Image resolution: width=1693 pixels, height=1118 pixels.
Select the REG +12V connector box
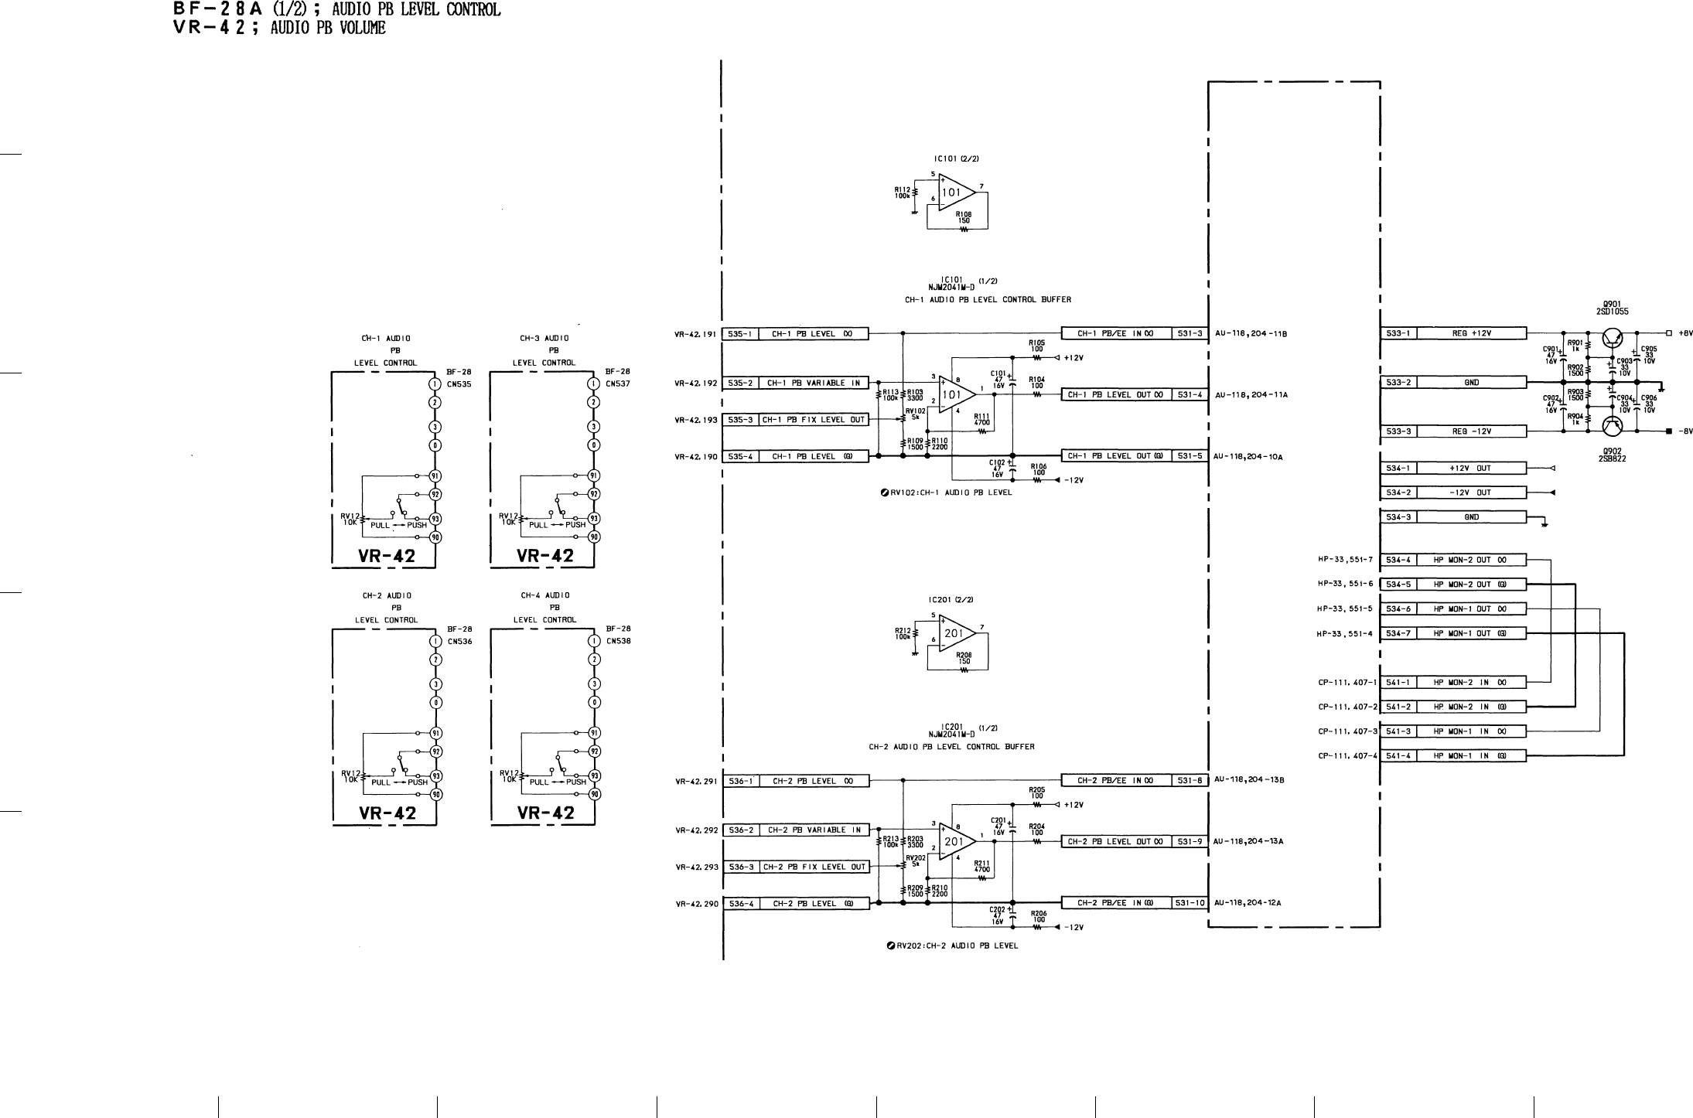click(x=1471, y=334)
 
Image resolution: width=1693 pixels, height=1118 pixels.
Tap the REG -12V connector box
click(x=1471, y=431)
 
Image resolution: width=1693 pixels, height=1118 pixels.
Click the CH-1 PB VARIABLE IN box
click(x=813, y=383)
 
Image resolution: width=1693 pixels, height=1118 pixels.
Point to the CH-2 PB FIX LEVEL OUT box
click(x=814, y=867)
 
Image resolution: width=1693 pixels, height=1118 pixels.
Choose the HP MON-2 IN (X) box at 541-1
click(x=1471, y=683)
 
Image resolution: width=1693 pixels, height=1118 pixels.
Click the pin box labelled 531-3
click(x=1190, y=334)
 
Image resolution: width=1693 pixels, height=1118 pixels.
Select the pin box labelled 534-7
click(x=1398, y=634)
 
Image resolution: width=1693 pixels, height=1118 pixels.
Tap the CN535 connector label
click(x=459, y=384)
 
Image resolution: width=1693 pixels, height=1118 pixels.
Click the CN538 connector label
click(x=619, y=641)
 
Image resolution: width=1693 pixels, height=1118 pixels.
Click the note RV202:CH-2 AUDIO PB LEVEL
click(x=952, y=946)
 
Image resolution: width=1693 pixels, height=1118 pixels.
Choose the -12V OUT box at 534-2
click(x=1471, y=493)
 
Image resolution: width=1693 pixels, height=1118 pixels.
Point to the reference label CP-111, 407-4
click(x=1347, y=756)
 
